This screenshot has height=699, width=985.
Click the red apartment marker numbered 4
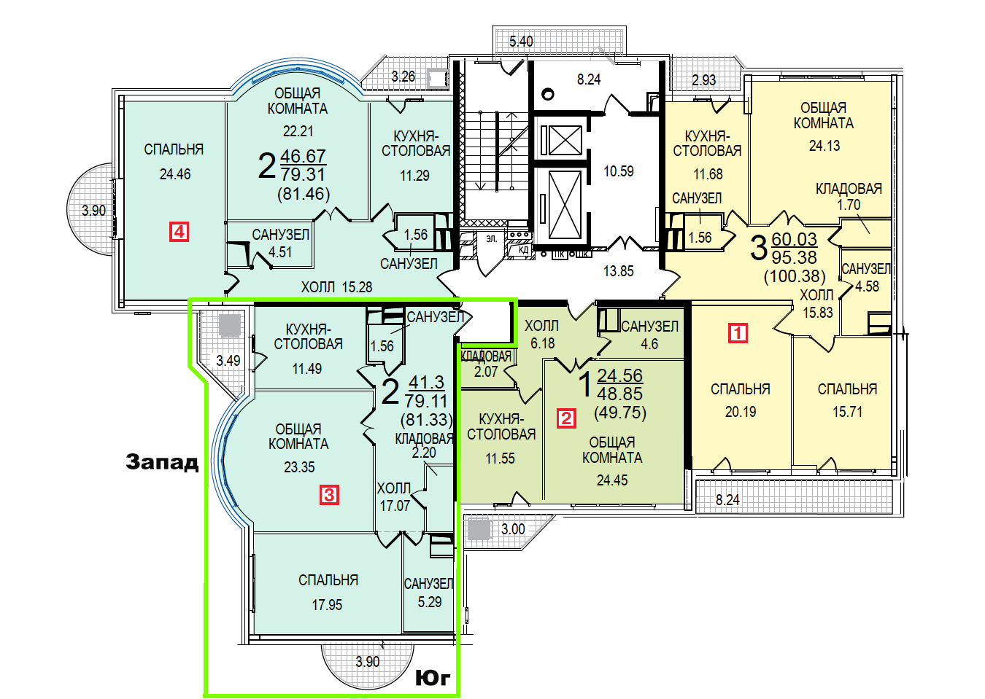179,232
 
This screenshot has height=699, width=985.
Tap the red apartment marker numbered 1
738,332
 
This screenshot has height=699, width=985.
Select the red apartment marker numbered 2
566,418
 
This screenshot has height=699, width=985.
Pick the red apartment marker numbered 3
329,495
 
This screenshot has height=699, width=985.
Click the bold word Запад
162,462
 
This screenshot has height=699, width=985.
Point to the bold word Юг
433,678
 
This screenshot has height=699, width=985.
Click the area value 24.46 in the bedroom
175,174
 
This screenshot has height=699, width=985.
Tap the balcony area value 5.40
521,42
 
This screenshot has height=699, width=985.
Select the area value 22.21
298,131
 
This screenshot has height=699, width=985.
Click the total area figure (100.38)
795,276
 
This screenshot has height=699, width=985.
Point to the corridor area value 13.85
619,271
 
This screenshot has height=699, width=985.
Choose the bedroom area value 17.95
327,605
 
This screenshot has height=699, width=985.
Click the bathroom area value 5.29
430,602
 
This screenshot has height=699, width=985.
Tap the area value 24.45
612,480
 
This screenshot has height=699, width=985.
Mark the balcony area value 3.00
513,529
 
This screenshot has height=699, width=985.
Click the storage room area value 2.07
486,372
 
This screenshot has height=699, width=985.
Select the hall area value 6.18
543,343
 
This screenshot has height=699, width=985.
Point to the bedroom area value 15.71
847,412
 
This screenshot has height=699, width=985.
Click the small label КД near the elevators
524,250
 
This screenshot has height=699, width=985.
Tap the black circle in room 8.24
547,94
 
